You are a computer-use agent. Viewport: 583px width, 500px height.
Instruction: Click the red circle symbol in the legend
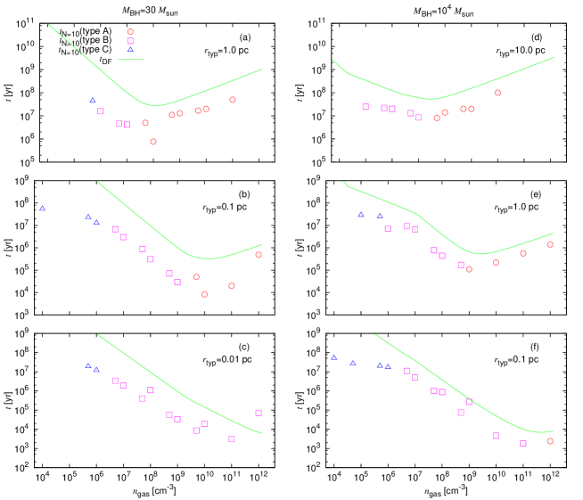pyautogui.click(x=130, y=32)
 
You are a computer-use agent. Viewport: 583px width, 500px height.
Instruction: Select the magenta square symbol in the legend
pyautogui.click(x=130, y=41)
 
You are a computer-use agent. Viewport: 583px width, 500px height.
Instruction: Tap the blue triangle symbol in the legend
pyautogui.click(x=130, y=50)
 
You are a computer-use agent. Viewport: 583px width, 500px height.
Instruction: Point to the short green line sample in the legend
pyautogui.click(x=130, y=60)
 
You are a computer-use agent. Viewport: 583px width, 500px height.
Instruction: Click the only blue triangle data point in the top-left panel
pyautogui.click(x=92, y=101)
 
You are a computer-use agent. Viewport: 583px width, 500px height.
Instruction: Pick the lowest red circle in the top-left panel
pyautogui.click(x=153, y=142)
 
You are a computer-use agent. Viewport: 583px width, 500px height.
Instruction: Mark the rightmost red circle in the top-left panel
pyautogui.click(x=233, y=100)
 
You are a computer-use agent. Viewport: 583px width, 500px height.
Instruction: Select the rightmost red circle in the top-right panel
pyautogui.click(x=497, y=93)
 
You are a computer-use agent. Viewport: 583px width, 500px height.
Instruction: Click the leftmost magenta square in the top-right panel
pyautogui.click(x=365, y=107)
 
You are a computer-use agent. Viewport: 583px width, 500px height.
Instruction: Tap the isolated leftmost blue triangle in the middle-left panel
pyautogui.click(x=42, y=209)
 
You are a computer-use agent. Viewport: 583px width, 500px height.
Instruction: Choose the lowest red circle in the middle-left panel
pyautogui.click(x=204, y=294)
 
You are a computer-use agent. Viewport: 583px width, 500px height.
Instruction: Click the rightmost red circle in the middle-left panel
pyautogui.click(x=259, y=255)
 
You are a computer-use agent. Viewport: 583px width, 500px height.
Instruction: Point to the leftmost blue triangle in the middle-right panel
pyautogui.click(x=361, y=214)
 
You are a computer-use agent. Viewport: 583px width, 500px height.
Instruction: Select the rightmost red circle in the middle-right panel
pyautogui.click(x=550, y=244)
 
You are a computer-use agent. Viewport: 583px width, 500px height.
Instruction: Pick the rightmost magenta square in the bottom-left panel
pyautogui.click(x=259, y=413)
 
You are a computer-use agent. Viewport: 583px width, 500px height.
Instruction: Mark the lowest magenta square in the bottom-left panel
pyautogui.click(x=232, y=439)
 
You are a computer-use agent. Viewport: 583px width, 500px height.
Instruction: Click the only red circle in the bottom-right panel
pyautogui.click(x=550, y=441)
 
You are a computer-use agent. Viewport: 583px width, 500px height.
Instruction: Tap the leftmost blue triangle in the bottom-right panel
pyautogui.click(x=334, y=357)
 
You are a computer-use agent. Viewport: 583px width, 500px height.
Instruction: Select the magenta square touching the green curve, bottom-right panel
pyautogui.click(x=469, y=402)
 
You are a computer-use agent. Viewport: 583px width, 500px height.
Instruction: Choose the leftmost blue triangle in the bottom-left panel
pyautogui.click(x=88, y=365)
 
